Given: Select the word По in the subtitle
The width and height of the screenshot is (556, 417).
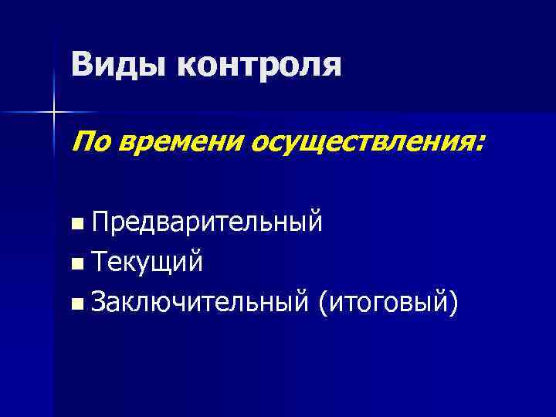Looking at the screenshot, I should pos(89,141).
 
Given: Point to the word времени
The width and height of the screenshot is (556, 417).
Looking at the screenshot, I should pos(169,141).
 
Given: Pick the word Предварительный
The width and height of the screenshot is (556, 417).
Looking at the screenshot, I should pos(205,225).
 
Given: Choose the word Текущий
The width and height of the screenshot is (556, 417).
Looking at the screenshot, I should pos(147,263).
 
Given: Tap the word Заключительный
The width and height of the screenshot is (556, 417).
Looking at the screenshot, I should pos(198,302).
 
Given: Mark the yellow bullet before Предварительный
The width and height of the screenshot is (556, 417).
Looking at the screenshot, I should pos(75,225).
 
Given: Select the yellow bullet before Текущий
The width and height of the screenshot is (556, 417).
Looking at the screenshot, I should pos(75,264).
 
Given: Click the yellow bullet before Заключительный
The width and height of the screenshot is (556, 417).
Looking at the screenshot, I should pos(75,303).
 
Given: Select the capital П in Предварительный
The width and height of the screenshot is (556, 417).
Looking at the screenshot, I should pos(99,224).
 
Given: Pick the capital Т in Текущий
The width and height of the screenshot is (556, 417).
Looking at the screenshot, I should pos(98,263).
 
